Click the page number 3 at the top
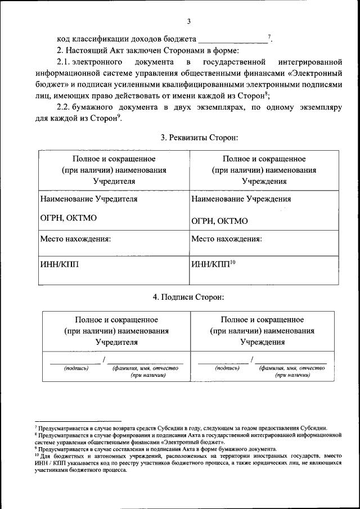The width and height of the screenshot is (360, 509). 188,21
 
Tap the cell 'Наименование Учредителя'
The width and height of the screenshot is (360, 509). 89,199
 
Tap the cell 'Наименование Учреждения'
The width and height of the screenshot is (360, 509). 241,199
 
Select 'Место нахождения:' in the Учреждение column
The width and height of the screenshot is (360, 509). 226,238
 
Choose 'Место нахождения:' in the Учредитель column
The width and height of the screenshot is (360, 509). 75,238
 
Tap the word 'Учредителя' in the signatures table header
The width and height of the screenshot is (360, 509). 116,341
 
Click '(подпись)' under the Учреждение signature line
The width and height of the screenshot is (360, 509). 227,368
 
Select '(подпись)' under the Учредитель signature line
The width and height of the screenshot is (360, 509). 76,368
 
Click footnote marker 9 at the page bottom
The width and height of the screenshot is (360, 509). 35,448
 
